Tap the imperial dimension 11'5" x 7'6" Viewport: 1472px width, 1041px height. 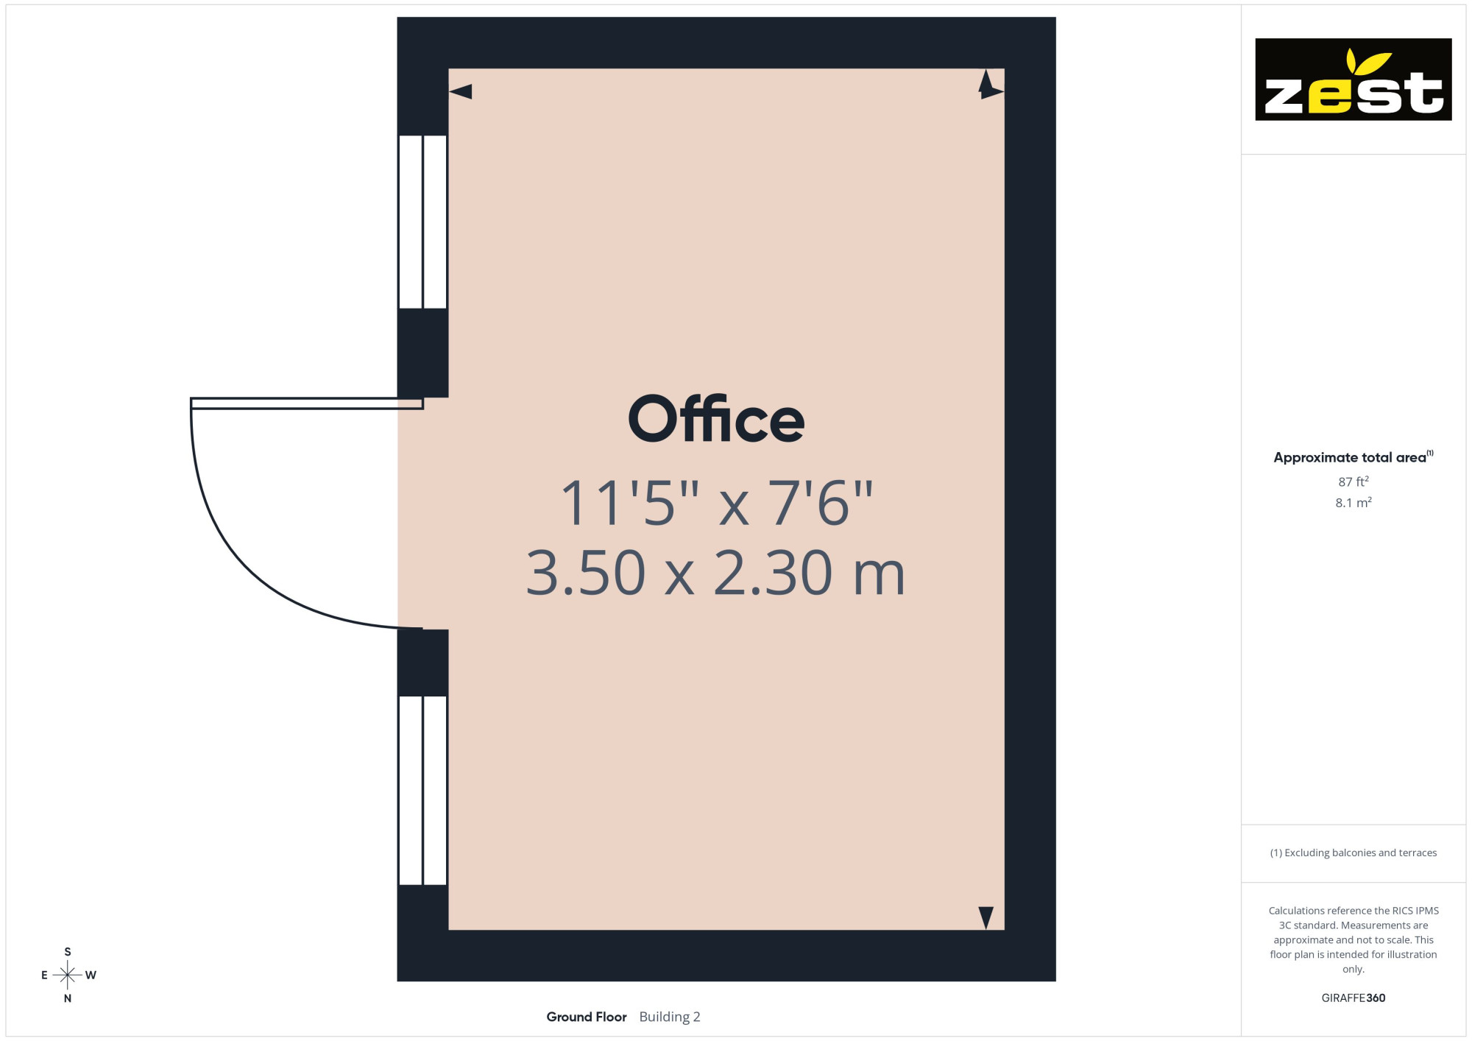717,504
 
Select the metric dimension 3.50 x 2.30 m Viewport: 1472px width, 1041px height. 715,573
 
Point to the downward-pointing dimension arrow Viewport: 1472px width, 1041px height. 986,917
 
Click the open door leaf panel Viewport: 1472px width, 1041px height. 307,403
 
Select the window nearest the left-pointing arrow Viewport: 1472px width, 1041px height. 422,222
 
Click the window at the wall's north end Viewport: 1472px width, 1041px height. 422,790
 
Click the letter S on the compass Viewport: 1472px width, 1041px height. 68,952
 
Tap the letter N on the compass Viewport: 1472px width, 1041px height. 68,998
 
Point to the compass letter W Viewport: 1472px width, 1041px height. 91,975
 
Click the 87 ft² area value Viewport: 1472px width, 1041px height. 1354,481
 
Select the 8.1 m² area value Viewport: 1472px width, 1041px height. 1354,503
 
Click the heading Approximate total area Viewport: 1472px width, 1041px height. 1354,457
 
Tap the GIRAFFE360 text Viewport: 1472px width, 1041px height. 1354,998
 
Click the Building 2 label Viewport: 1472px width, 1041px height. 670,1017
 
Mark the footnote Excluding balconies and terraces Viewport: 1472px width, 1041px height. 1354,853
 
